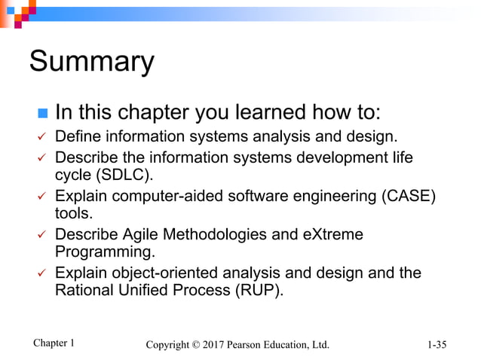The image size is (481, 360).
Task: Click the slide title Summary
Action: click(x=91, y=62)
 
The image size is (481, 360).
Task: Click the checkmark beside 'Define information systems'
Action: click(x=42, y=138)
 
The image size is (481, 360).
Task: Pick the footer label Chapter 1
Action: click(x=54, y=343)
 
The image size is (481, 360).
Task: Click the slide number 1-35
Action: click(x=436, y=345)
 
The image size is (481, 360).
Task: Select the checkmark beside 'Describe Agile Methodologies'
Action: click(x=42, y=235)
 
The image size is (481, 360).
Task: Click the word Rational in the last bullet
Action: click(x=85, y=290)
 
